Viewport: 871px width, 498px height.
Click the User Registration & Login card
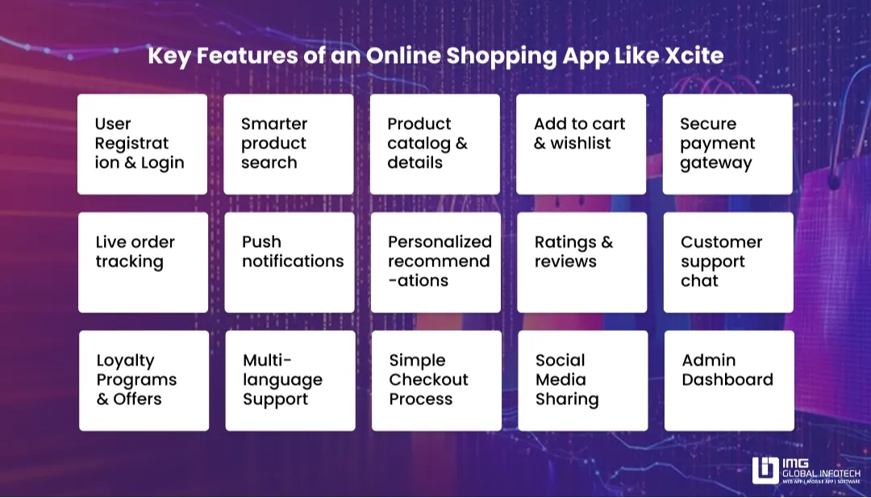click(x=142, y=144)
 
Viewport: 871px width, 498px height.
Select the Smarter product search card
click(x=288, y=144)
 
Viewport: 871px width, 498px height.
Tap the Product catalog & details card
click(x=435, y=144)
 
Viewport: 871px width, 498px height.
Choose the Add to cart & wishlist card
click(x=581, y=144)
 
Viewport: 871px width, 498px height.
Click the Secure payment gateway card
click(x=727, y=144)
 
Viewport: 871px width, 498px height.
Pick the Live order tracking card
click(x=143, y=262)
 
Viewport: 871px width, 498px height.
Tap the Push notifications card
click(x=289, y=262)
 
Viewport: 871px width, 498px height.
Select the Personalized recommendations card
click(x=435, y=262)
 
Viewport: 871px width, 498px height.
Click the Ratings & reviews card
click(x=581, y=262)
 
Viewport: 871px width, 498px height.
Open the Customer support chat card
click(x=728, y=262)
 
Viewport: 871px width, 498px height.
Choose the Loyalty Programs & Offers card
click(x=144, y=380)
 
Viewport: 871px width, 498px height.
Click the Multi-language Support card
click(x=290, y=380)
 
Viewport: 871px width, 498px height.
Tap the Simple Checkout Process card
click(x=436, y=380)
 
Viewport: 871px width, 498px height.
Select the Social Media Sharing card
click(x=583, y=380)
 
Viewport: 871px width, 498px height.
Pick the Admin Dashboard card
click(x=729, y=380)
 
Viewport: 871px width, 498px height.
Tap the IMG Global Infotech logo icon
click(x=765, y=471)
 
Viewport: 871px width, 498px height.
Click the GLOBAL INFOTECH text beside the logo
click(x=820, y=471)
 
